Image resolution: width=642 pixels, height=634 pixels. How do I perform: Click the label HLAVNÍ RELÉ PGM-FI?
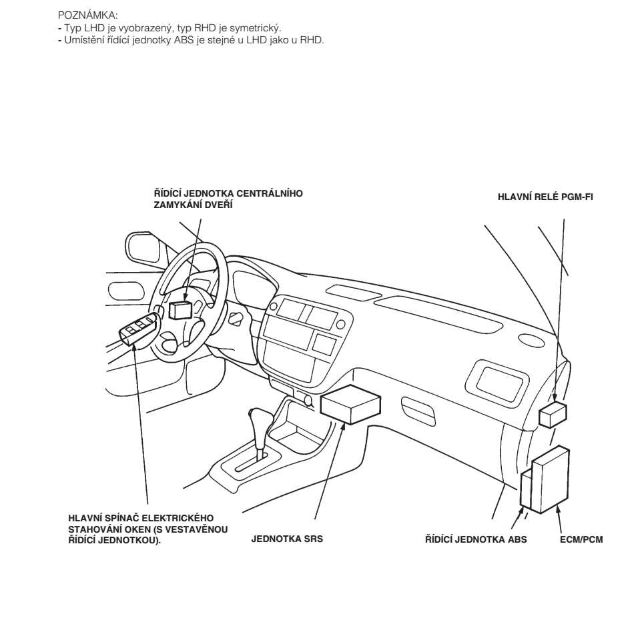545,197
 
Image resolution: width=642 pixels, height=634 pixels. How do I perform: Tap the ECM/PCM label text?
581,539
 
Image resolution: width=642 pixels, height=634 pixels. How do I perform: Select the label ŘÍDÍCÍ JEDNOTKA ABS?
476,539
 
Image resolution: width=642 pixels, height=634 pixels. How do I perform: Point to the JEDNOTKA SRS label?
286,539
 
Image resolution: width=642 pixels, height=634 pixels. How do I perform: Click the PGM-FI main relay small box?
553,415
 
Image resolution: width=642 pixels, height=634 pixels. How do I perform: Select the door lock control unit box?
181,309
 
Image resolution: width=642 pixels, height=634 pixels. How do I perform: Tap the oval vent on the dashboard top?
531,339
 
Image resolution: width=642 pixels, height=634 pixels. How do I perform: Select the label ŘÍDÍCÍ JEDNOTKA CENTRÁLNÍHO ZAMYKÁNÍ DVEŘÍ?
228,199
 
